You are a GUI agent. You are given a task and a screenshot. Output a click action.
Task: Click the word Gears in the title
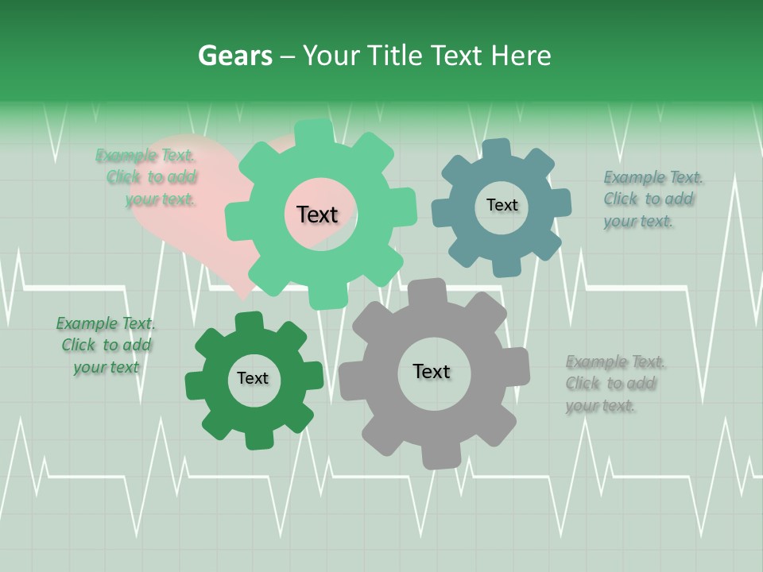click(234, 56)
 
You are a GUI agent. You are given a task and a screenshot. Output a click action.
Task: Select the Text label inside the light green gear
click(317, 214)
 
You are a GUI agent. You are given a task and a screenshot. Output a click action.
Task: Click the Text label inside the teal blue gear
click(502, 205)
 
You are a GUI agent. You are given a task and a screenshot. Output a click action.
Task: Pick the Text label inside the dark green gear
click(253, 379)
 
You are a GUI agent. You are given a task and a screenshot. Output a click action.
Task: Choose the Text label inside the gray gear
click(432, 372)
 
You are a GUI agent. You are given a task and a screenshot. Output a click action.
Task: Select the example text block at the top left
click(151, 177)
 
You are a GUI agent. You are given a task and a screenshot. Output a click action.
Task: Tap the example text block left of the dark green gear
click(106, 345)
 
